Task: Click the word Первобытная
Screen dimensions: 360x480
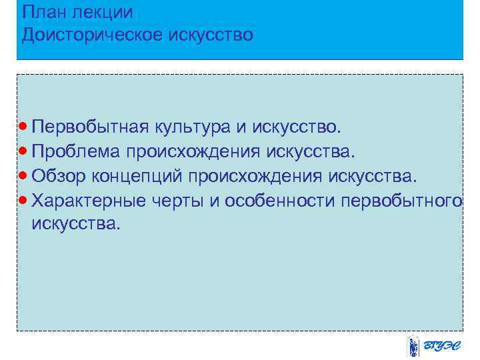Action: (x=91, y=126)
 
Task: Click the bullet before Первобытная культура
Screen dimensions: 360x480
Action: (x=24, y=125)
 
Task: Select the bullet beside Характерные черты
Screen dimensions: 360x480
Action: (x=24, y=199)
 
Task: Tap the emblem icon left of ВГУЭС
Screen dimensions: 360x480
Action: (x=413, y=347)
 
